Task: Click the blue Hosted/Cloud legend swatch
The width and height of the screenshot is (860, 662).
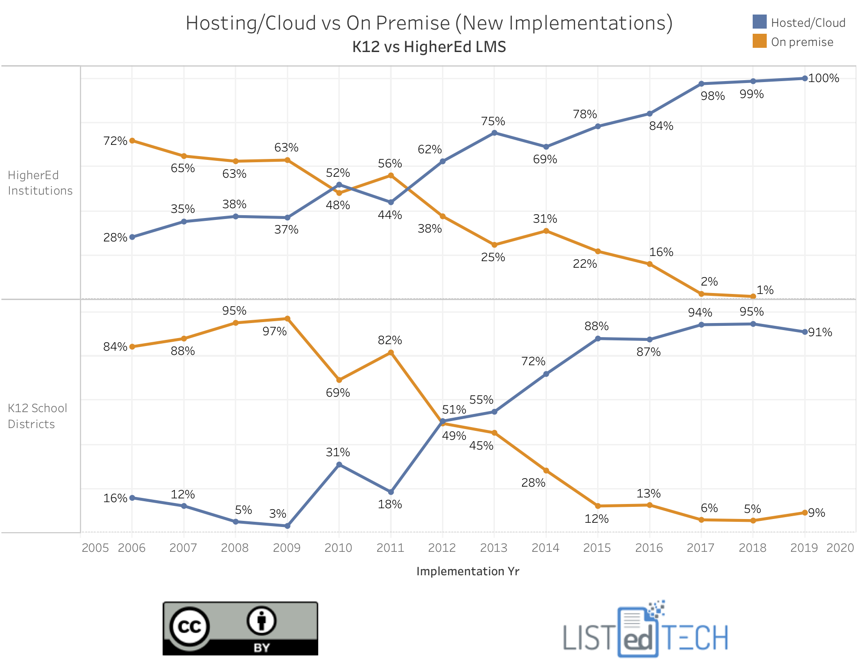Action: (759, 22)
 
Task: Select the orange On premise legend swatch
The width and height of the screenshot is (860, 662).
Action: (759, 41)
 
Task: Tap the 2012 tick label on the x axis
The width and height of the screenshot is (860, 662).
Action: (442, 548)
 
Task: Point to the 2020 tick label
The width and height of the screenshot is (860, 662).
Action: (840, 548)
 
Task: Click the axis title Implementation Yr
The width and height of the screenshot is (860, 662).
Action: (468, 571)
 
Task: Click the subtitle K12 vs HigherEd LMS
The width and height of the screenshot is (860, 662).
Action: (429, 47)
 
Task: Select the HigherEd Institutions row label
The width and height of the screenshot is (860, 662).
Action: (40, 183)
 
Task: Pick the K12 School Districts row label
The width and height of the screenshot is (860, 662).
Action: (37, 416)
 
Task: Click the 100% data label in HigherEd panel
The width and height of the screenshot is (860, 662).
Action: (823, 78)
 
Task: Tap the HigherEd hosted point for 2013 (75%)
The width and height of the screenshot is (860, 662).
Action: (494, 133)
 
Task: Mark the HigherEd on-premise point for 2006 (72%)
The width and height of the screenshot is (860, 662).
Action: (132, 141)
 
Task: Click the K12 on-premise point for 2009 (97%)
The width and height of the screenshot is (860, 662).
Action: (288, 319)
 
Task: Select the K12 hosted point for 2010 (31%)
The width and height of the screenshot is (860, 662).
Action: (339, 465)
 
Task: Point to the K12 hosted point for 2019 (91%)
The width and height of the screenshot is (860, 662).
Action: (805, 332)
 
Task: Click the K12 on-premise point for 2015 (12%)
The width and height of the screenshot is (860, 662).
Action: (598, 506)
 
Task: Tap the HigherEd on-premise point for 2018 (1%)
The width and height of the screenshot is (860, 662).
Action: (753, 296)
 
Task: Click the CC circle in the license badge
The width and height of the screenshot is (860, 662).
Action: (190, 627)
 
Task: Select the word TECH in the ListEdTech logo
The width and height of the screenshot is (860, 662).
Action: (696, 638)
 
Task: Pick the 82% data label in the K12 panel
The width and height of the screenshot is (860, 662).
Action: (390, 340)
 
